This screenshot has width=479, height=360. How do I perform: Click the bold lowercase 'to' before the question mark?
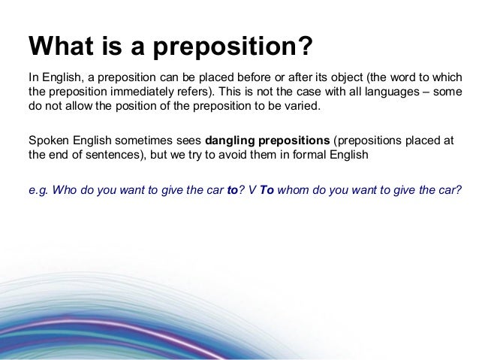pos(232,189)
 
